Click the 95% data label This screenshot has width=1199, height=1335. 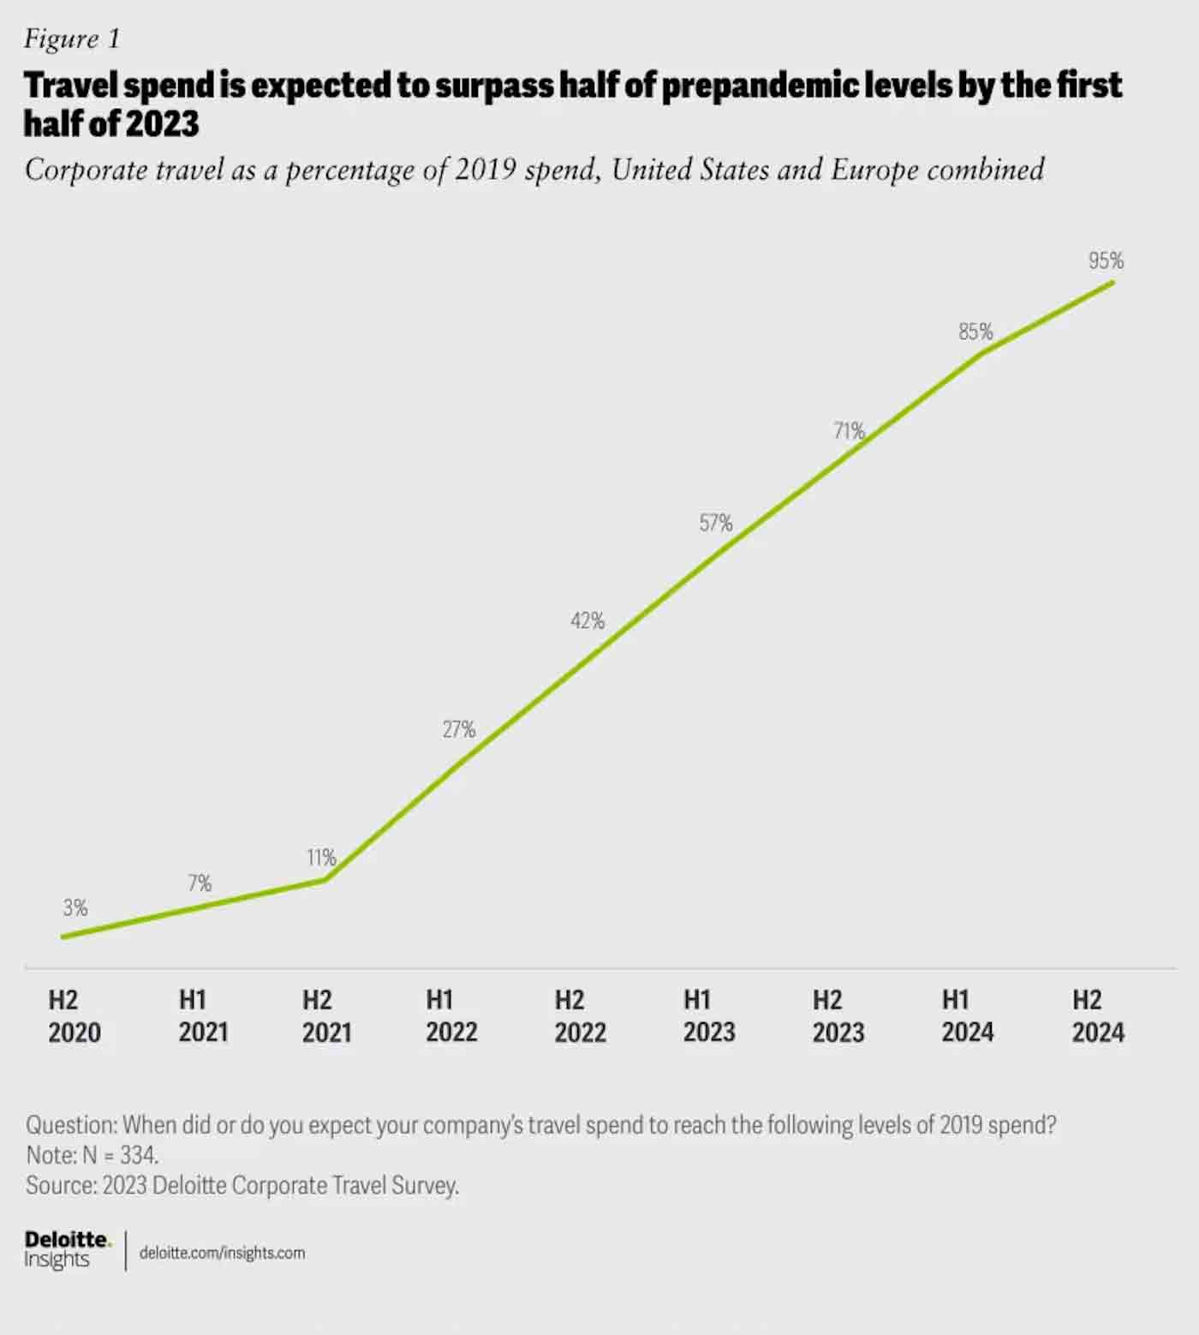coord(1106,260)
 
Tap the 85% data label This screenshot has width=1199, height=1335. coord(975,332)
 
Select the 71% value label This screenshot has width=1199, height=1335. coord(849,431)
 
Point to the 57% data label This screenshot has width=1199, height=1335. coord(716,523)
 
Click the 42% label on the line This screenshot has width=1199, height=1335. coord(588,620)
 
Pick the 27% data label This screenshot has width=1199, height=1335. coord(459,729)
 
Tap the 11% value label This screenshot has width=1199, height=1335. coord(322,857)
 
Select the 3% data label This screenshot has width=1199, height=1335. coord(75,907)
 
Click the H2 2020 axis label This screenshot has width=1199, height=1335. coord(74,1016)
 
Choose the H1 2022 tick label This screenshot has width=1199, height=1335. coord(451,1016)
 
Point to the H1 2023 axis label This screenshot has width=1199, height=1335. coord(708,1016)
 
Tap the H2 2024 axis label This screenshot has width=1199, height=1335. coord(1097,1016)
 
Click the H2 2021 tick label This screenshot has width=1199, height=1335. coord(326,1016)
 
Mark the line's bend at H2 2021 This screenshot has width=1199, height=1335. coord(325,879)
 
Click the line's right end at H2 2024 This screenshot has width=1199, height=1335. coord(1113,282)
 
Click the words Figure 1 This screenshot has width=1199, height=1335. coord(72,39)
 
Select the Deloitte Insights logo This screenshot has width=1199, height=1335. coord(67,1250)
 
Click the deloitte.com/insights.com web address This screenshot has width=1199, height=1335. coord(222,1253)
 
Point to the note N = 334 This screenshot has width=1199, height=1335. coord(92,1155)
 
